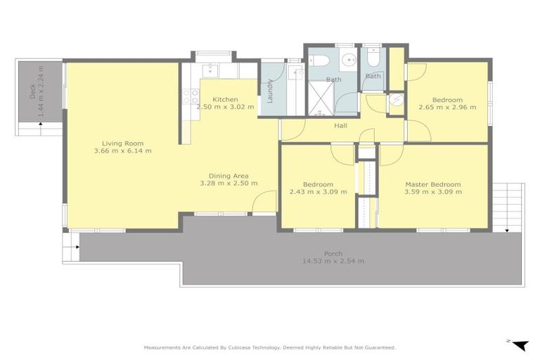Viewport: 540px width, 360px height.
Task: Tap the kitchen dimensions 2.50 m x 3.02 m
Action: [x=225, y=108]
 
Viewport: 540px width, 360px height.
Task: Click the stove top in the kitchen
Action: [x=191, y=96]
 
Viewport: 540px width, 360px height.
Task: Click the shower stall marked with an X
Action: [x=321, y=96]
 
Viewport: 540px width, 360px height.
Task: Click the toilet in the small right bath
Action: [x=373, y=59]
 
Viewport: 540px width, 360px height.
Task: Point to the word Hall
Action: [x=340, y=125]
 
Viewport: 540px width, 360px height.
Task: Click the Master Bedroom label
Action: [x=432, y=184]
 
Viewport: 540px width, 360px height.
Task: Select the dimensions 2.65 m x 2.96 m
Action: [x=447, y=108]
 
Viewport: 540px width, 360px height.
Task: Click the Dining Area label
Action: [x=228, y=176]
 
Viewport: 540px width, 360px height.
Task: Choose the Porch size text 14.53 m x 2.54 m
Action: [x=333, y=261]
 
